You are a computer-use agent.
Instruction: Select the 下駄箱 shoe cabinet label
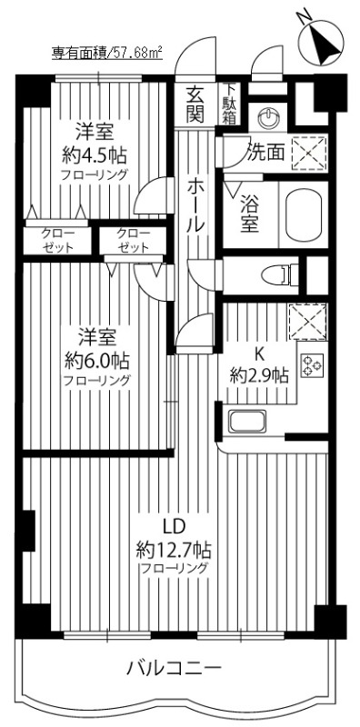click(231, 103)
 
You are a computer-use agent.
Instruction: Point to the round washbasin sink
click(268, 116)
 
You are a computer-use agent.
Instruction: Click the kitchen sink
click(246, 422)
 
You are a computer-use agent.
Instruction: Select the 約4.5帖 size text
click(95, 153)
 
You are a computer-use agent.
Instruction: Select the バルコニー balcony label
click(173, 670)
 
